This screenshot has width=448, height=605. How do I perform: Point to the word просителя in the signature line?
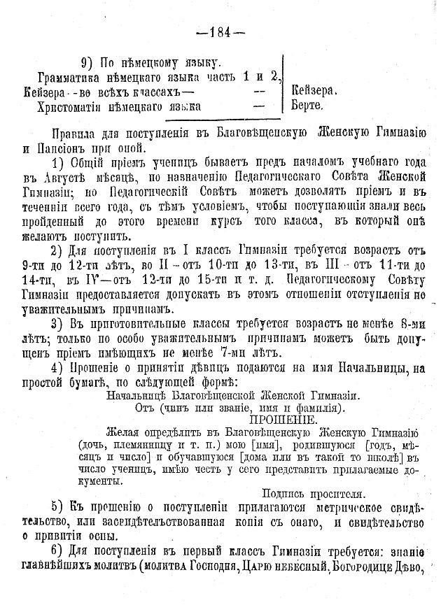coord(335,492)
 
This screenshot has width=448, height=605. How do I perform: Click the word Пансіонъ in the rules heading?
coord(67,148)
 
